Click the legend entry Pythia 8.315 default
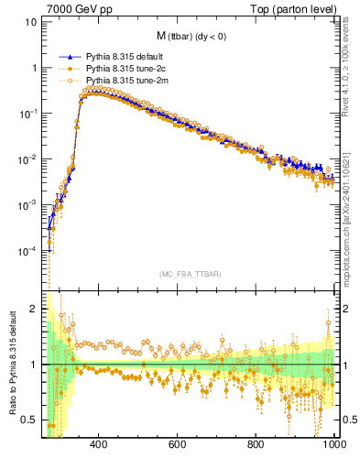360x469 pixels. point(118,56)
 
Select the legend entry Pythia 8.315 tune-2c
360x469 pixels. point(118,69)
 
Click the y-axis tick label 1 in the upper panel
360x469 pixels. point(34,68)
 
